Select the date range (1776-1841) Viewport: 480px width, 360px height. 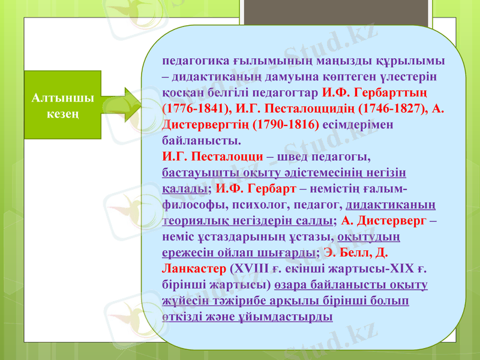click(191, 110)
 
